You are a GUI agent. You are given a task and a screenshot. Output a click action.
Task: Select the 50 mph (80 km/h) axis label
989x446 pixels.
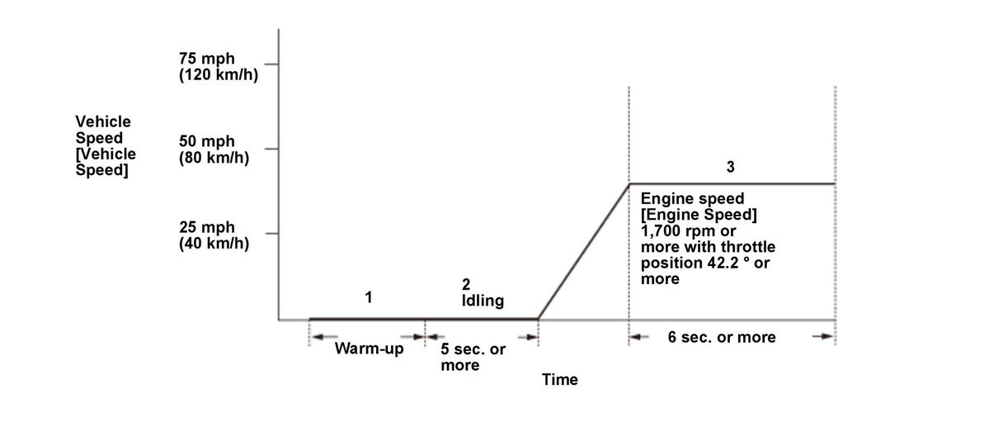click(x=214, y=149)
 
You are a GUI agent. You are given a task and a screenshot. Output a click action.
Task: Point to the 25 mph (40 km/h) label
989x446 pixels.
click(x=214, y=235)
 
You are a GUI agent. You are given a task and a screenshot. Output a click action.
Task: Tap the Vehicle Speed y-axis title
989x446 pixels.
click(x=106, y=145)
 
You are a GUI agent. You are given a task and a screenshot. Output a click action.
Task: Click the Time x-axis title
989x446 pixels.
click(x=560, y=380)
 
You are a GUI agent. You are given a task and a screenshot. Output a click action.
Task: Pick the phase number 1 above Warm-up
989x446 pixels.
click(x=368, y=297)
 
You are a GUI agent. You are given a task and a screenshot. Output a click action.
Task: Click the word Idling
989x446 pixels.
click(x=483, y=301)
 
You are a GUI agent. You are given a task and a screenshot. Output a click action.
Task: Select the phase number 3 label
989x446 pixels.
click(x=730, y=167)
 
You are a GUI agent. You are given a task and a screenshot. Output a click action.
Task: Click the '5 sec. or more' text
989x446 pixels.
click(x=473, y=357)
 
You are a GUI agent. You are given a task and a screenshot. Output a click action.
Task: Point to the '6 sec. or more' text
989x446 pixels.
click(x=722, y=337)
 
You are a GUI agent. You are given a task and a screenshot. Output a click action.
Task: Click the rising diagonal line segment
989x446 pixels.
click(x=583, y=251)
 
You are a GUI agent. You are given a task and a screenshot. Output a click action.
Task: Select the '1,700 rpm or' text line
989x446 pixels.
click(x=688, y=231)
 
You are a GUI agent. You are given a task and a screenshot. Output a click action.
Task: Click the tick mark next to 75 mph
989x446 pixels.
click(x=271, y=64)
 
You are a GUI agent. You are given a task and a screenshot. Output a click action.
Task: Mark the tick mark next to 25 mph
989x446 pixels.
click(x=271, y=234)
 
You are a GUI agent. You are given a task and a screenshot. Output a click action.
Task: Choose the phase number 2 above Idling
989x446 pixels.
click(x=466, y=284)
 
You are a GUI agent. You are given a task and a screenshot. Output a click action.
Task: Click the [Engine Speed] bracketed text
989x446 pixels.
click(x=699, y=216)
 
